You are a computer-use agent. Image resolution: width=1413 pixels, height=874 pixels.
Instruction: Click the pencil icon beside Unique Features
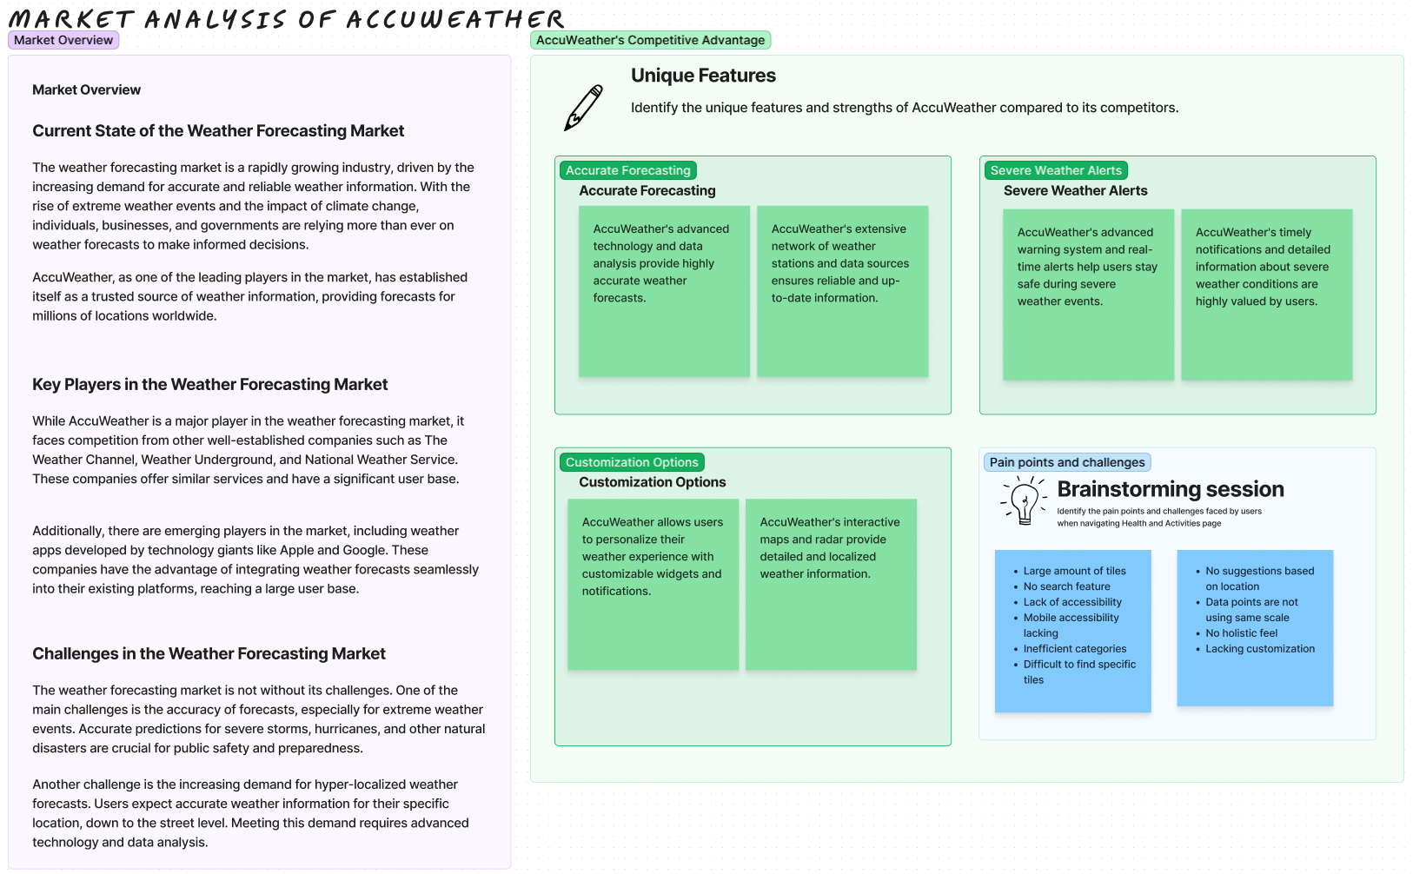[584, 108]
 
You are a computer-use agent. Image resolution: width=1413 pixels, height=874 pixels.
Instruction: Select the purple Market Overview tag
[63, 40]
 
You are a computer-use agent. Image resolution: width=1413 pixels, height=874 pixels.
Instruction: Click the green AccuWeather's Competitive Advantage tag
[650, 40]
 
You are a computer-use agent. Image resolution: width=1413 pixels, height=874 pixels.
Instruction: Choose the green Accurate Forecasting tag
[627, 170]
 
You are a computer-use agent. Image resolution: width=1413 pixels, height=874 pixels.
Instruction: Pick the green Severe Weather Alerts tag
[1055, 170]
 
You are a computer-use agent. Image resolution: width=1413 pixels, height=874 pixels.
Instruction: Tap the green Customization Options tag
[632, 462]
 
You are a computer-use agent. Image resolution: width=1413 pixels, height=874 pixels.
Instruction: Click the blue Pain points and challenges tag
[1066, 462]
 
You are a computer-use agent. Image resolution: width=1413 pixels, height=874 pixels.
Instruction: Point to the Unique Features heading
[703, 76]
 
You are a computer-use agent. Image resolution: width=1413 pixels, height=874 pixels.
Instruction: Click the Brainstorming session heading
[1170, 489]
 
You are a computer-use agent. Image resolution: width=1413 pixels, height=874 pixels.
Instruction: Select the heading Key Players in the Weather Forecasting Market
[210, 384]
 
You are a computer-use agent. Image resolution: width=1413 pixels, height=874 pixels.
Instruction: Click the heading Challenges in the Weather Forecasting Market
[209, 653]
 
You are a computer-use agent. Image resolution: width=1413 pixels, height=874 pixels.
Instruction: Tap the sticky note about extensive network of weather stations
[842, 291]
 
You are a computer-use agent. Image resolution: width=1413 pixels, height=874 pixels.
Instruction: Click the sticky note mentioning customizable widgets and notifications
[653, 584]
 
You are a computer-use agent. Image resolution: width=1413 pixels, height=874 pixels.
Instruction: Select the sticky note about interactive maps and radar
[831, 584]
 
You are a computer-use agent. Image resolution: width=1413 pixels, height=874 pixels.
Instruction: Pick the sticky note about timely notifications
[1266, 294]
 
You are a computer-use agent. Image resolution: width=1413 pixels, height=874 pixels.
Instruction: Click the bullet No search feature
[1066, 586]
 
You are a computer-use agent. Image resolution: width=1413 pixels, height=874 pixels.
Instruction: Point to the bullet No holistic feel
[1241, 633]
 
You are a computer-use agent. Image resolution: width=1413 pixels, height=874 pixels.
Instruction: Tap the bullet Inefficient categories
[1074, 649]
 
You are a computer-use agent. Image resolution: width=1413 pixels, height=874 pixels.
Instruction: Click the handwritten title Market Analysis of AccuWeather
[287, 18]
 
